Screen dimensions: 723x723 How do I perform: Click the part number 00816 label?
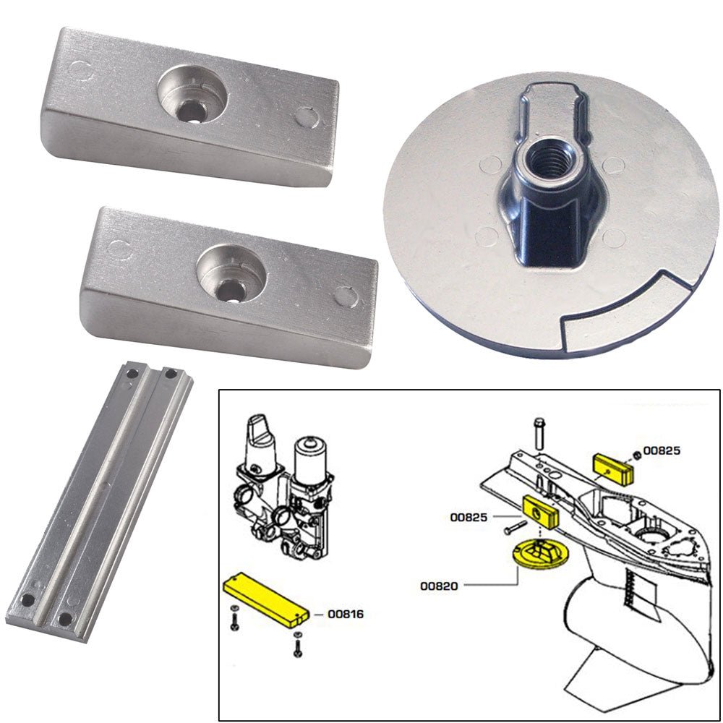(x=345, y=615)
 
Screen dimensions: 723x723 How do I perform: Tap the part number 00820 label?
(x=439, y=586)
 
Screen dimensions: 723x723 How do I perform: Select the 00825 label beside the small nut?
(x=662, y=450)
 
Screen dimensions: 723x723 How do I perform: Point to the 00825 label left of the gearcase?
(x=468, y=517)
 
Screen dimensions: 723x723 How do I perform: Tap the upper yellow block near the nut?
(x=614, y=468)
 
